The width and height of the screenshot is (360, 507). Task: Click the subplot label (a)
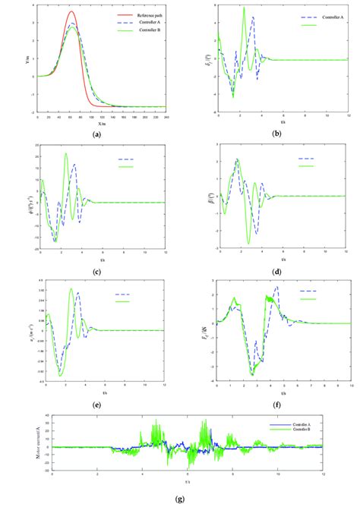(x=96, y=134)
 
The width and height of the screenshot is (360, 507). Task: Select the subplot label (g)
(x=179, y=499)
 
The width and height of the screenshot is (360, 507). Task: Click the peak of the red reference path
(x=71, y=11)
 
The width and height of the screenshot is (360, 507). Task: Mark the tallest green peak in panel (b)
(x=244, y=8)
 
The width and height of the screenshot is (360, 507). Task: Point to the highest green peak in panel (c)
(x=65, y=154)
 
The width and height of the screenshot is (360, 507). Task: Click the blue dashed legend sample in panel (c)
(x=125, y=159)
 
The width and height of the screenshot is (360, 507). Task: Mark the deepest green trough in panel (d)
(x=248, y=243)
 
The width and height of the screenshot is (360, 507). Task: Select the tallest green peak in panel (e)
(x=71, y=289)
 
